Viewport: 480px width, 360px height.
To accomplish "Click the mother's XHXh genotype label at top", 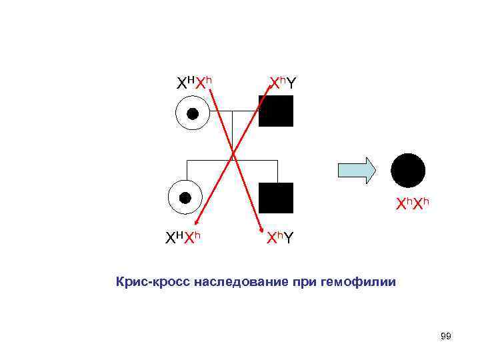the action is [194, 83].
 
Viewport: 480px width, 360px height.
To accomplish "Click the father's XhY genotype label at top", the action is [283, 83].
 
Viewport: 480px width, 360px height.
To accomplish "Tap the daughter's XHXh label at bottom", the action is [184, 238].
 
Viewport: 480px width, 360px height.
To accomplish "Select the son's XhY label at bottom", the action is [279, 238].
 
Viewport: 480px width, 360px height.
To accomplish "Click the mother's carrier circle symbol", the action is [192, 113].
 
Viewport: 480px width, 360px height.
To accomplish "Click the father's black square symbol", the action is [276, 111].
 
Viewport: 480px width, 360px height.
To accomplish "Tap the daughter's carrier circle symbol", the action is [185, 197].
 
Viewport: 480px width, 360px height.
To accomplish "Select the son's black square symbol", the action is [276, 198].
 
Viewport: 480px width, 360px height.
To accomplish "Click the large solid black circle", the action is [407, 171].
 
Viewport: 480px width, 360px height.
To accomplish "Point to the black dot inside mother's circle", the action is [192, 113].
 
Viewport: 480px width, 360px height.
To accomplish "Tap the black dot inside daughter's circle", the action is [185, 197].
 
